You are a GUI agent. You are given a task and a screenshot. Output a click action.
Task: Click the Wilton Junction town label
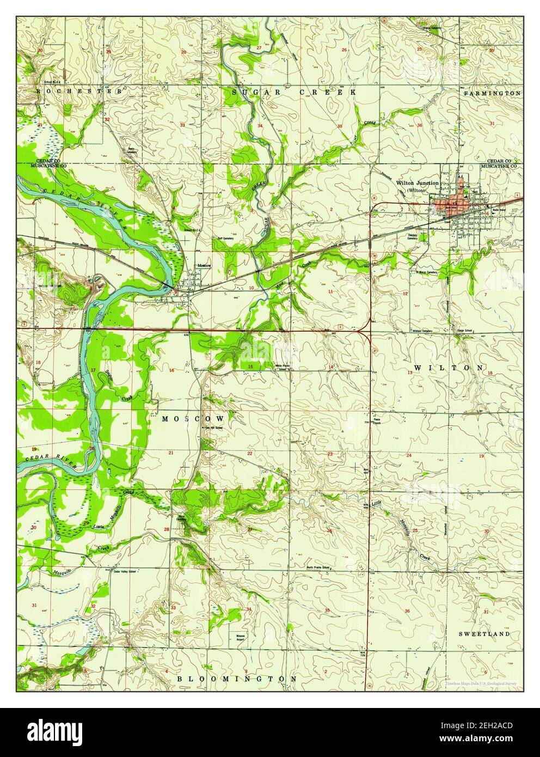(418, 183)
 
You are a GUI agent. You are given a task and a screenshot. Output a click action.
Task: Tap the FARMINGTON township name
(492, 94)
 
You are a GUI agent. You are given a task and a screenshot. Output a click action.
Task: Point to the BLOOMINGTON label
(237, 679)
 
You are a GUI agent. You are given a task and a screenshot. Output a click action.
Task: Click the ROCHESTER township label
(79, 91)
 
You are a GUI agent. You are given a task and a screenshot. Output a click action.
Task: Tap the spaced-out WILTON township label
(448, 368)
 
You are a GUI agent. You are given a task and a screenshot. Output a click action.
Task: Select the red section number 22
(250, 453)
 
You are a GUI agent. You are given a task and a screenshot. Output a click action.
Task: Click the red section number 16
(171, 370)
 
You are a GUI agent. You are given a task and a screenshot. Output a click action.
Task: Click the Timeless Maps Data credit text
(480, 683)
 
